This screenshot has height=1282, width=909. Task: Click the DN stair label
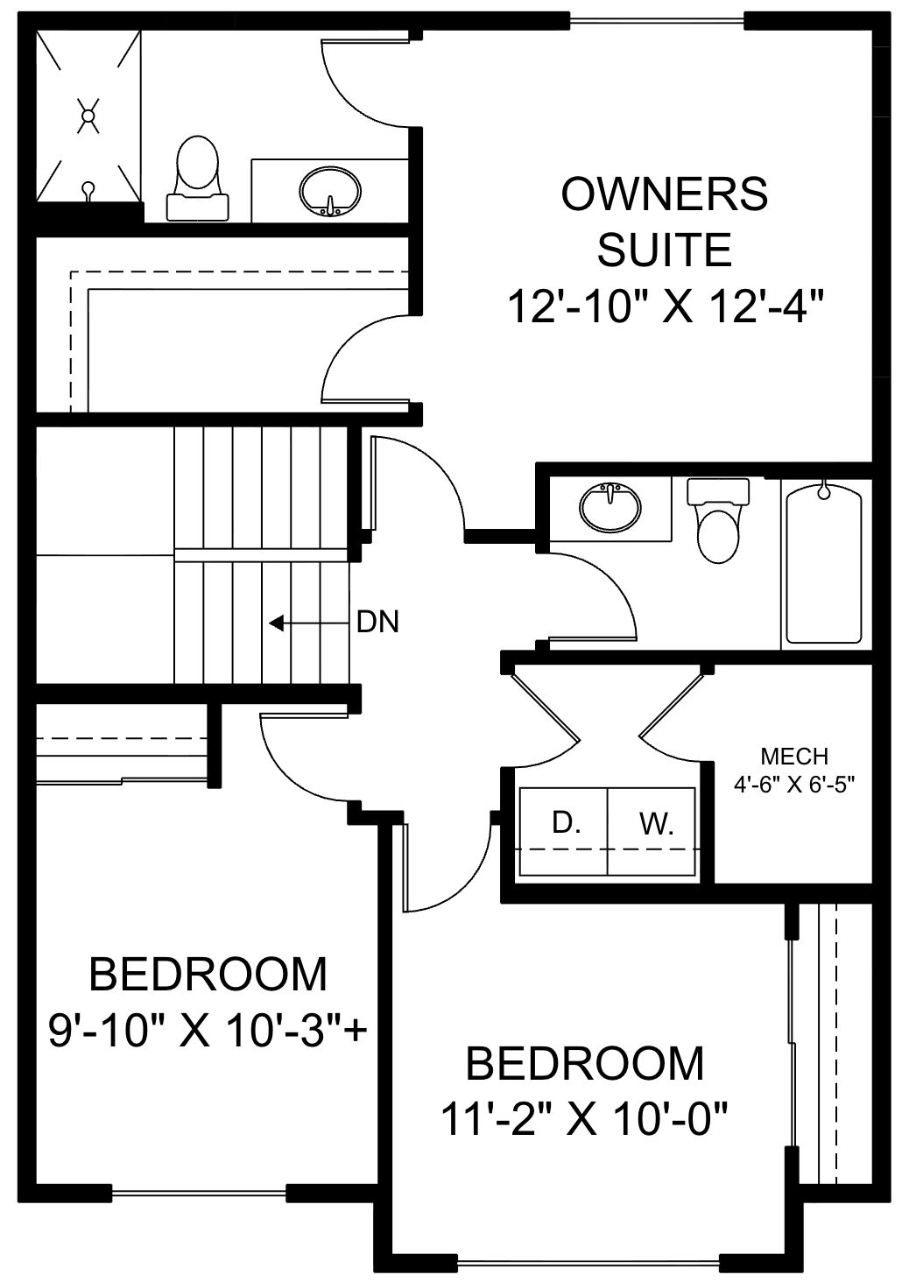coord(377,622)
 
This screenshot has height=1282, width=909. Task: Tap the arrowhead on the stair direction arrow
coord(276,623)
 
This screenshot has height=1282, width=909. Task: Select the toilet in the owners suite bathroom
coord(198,178)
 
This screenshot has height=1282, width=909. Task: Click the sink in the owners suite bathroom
coord(330,191)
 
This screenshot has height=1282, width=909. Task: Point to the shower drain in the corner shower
coord(88,115)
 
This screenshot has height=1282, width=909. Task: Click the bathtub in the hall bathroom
coord(824,564)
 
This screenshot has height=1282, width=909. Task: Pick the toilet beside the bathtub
coord(718,520)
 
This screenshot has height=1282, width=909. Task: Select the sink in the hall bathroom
coord(610,508)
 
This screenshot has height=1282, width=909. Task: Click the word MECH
coord(794,757)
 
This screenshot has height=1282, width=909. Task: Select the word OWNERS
coord(665,194)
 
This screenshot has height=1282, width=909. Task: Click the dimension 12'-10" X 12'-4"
coord(666,306)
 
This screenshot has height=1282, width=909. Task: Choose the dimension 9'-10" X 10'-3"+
coord(208,1032)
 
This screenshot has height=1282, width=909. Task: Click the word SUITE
coord(665,250)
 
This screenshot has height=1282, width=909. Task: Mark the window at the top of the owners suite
coord(657,21)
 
